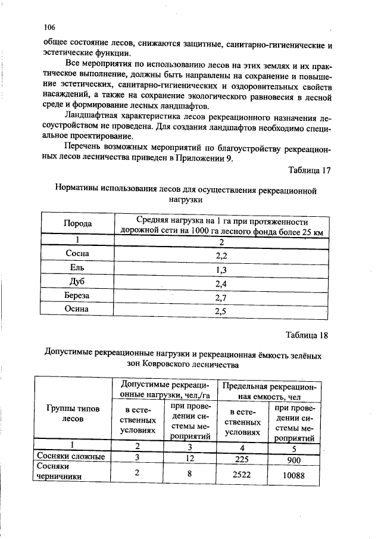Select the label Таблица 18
pos(307,334)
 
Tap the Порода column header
pos(77,223)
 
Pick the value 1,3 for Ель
pos(221,270)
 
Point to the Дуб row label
pos(77,283)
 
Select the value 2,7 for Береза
pos(221,297)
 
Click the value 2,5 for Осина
pos(221,310)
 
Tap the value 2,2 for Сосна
pos(221,256)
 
